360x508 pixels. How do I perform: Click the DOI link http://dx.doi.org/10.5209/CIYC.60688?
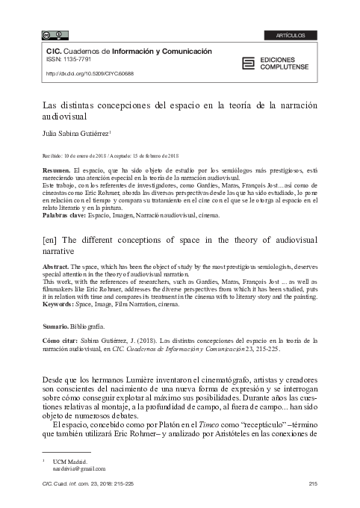90,75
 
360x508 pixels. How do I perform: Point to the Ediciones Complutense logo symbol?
248,63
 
